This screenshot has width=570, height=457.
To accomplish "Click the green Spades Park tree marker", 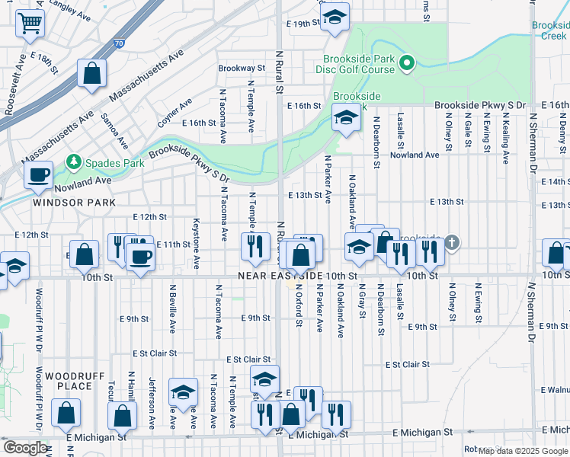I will (x=73, y=161).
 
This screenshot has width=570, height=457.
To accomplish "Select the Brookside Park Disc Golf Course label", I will (x=358, y=64).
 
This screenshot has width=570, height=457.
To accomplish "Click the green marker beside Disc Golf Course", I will (x=408, y=64).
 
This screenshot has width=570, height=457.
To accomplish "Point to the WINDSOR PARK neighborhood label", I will (x=74, y=203).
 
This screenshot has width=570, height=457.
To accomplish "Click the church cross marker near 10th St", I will (x=452, y=243).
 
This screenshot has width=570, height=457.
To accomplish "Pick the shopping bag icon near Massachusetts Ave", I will (x=91, y=74).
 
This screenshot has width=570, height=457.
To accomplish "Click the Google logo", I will (x=25, y=448).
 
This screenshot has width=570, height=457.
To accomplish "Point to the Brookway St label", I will (x=242, y=68).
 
